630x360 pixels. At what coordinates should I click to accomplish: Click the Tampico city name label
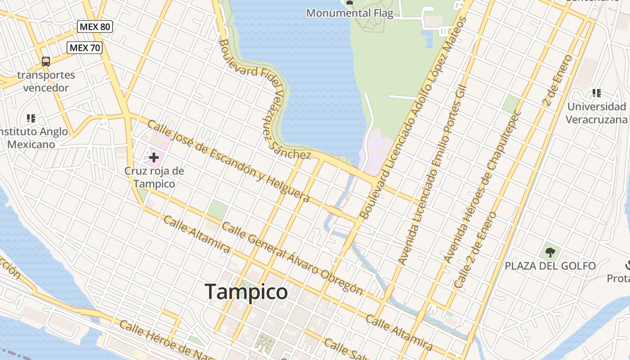pos(246,292)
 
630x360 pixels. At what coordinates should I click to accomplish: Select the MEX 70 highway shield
pos(85,47)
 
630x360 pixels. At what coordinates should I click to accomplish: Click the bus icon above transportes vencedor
pos(45,62)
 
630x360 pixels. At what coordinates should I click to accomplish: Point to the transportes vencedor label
pos(46,81)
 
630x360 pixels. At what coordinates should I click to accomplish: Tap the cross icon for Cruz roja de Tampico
pos(154,157)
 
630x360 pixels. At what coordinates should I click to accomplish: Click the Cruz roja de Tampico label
pos(154,177)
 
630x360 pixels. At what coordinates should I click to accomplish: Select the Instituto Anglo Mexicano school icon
pos(31,118)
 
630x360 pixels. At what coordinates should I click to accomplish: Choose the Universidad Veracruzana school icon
pos(597,93)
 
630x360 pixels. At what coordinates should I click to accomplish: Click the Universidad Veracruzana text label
pos(596,113)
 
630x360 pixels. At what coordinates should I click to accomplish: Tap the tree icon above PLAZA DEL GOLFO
pos(550,252)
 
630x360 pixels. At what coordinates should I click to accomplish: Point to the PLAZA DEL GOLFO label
pos(550,266)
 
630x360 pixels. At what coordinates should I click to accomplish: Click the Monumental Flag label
pos(350,13)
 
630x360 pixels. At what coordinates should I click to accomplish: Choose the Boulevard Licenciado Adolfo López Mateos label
pos(414,118)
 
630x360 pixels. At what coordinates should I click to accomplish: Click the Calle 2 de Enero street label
pos(475,250)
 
